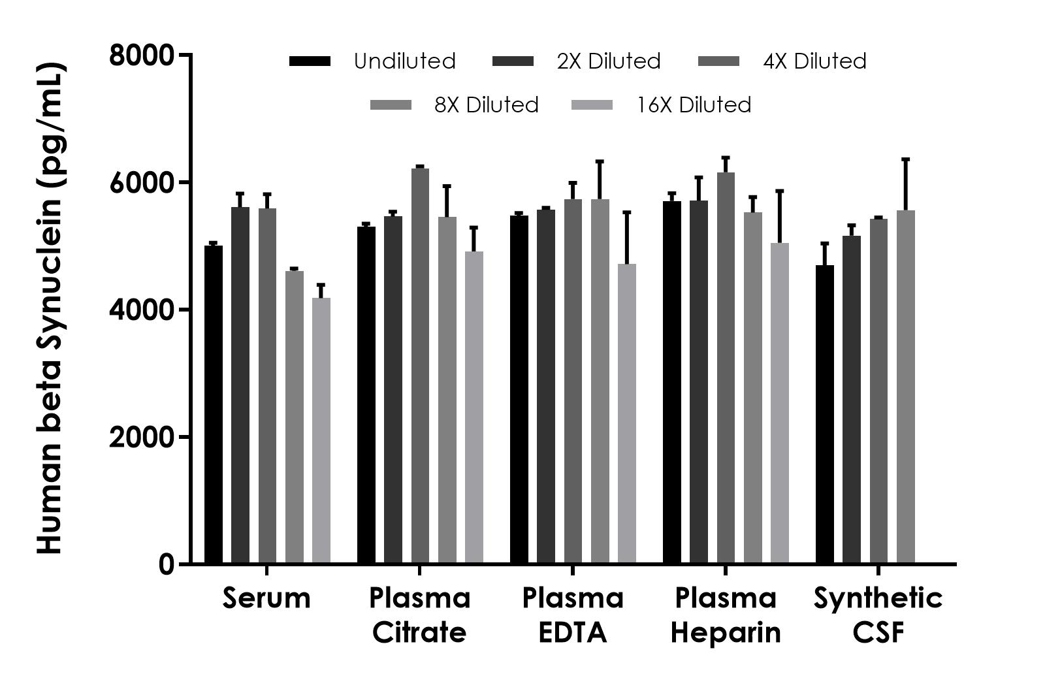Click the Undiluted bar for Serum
coord(214,405)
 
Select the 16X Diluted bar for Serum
coord(321,431)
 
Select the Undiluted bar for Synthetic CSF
coord(825,414)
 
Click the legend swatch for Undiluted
coord(310,61)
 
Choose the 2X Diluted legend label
coord(609,61)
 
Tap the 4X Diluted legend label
coord(814,61)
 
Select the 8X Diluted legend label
coord(487,105)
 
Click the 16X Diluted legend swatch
coord(592,105)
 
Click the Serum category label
coord(266,598)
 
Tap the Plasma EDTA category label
coord(573,615)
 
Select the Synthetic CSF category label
coord(878,615)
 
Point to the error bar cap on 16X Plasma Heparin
coord(780,191)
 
